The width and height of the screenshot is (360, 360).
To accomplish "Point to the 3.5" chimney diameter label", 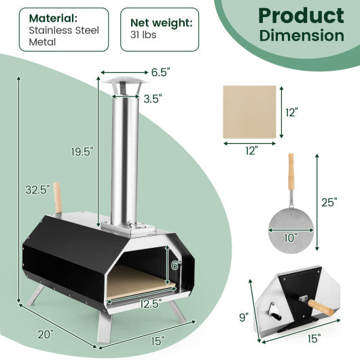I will point(154,98).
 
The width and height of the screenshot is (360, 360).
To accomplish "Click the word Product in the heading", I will point(300,15).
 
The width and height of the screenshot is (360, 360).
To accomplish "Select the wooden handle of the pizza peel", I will point(291,173).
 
